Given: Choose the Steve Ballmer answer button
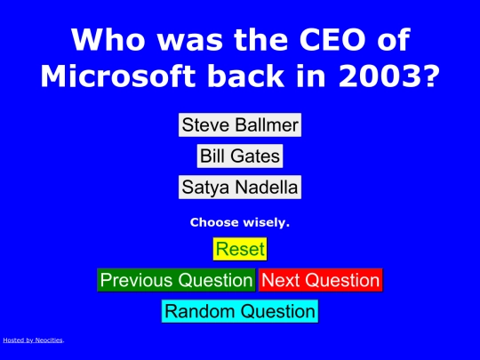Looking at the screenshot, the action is (240, 125).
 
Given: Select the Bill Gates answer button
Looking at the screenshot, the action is (240, 156).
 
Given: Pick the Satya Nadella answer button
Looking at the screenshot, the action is (240, 187).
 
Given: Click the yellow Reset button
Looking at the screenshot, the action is (240, 249).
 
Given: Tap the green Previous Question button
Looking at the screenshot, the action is (176, 280).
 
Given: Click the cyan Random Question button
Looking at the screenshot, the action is (240, 311).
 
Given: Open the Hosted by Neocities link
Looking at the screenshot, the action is (33, 340).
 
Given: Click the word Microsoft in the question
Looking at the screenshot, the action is (118, 76).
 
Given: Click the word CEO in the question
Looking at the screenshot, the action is (332, 39).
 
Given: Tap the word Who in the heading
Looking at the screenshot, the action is (108, 39).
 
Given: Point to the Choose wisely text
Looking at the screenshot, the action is (240, 222).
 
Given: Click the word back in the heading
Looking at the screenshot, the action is (246, 76).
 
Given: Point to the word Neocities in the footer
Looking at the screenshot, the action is (49, 340).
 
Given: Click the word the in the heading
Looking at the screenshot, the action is (261, 39).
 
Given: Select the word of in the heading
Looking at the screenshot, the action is (394, 39).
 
